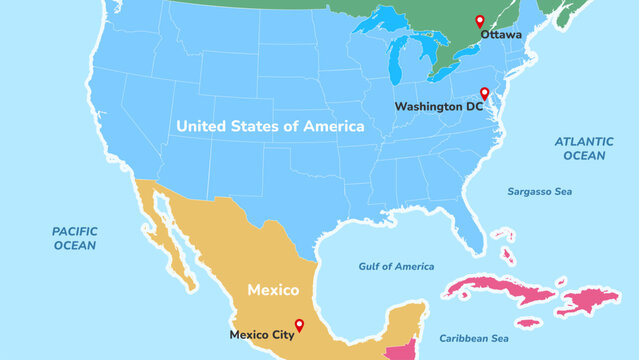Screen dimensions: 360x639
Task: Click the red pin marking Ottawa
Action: (479, 21)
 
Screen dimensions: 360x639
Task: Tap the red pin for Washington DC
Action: (484, 93)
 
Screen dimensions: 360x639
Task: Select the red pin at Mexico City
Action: (298, 321)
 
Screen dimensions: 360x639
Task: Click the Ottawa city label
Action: (501, 35)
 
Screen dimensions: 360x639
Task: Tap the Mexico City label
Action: (262, 335)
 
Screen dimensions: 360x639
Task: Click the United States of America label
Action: (270, 126)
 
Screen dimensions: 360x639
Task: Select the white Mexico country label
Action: (273, 290)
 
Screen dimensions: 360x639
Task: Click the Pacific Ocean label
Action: (74, 238)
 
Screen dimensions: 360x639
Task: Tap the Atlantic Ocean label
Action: (584, 148)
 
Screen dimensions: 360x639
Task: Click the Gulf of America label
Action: (397, 267)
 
